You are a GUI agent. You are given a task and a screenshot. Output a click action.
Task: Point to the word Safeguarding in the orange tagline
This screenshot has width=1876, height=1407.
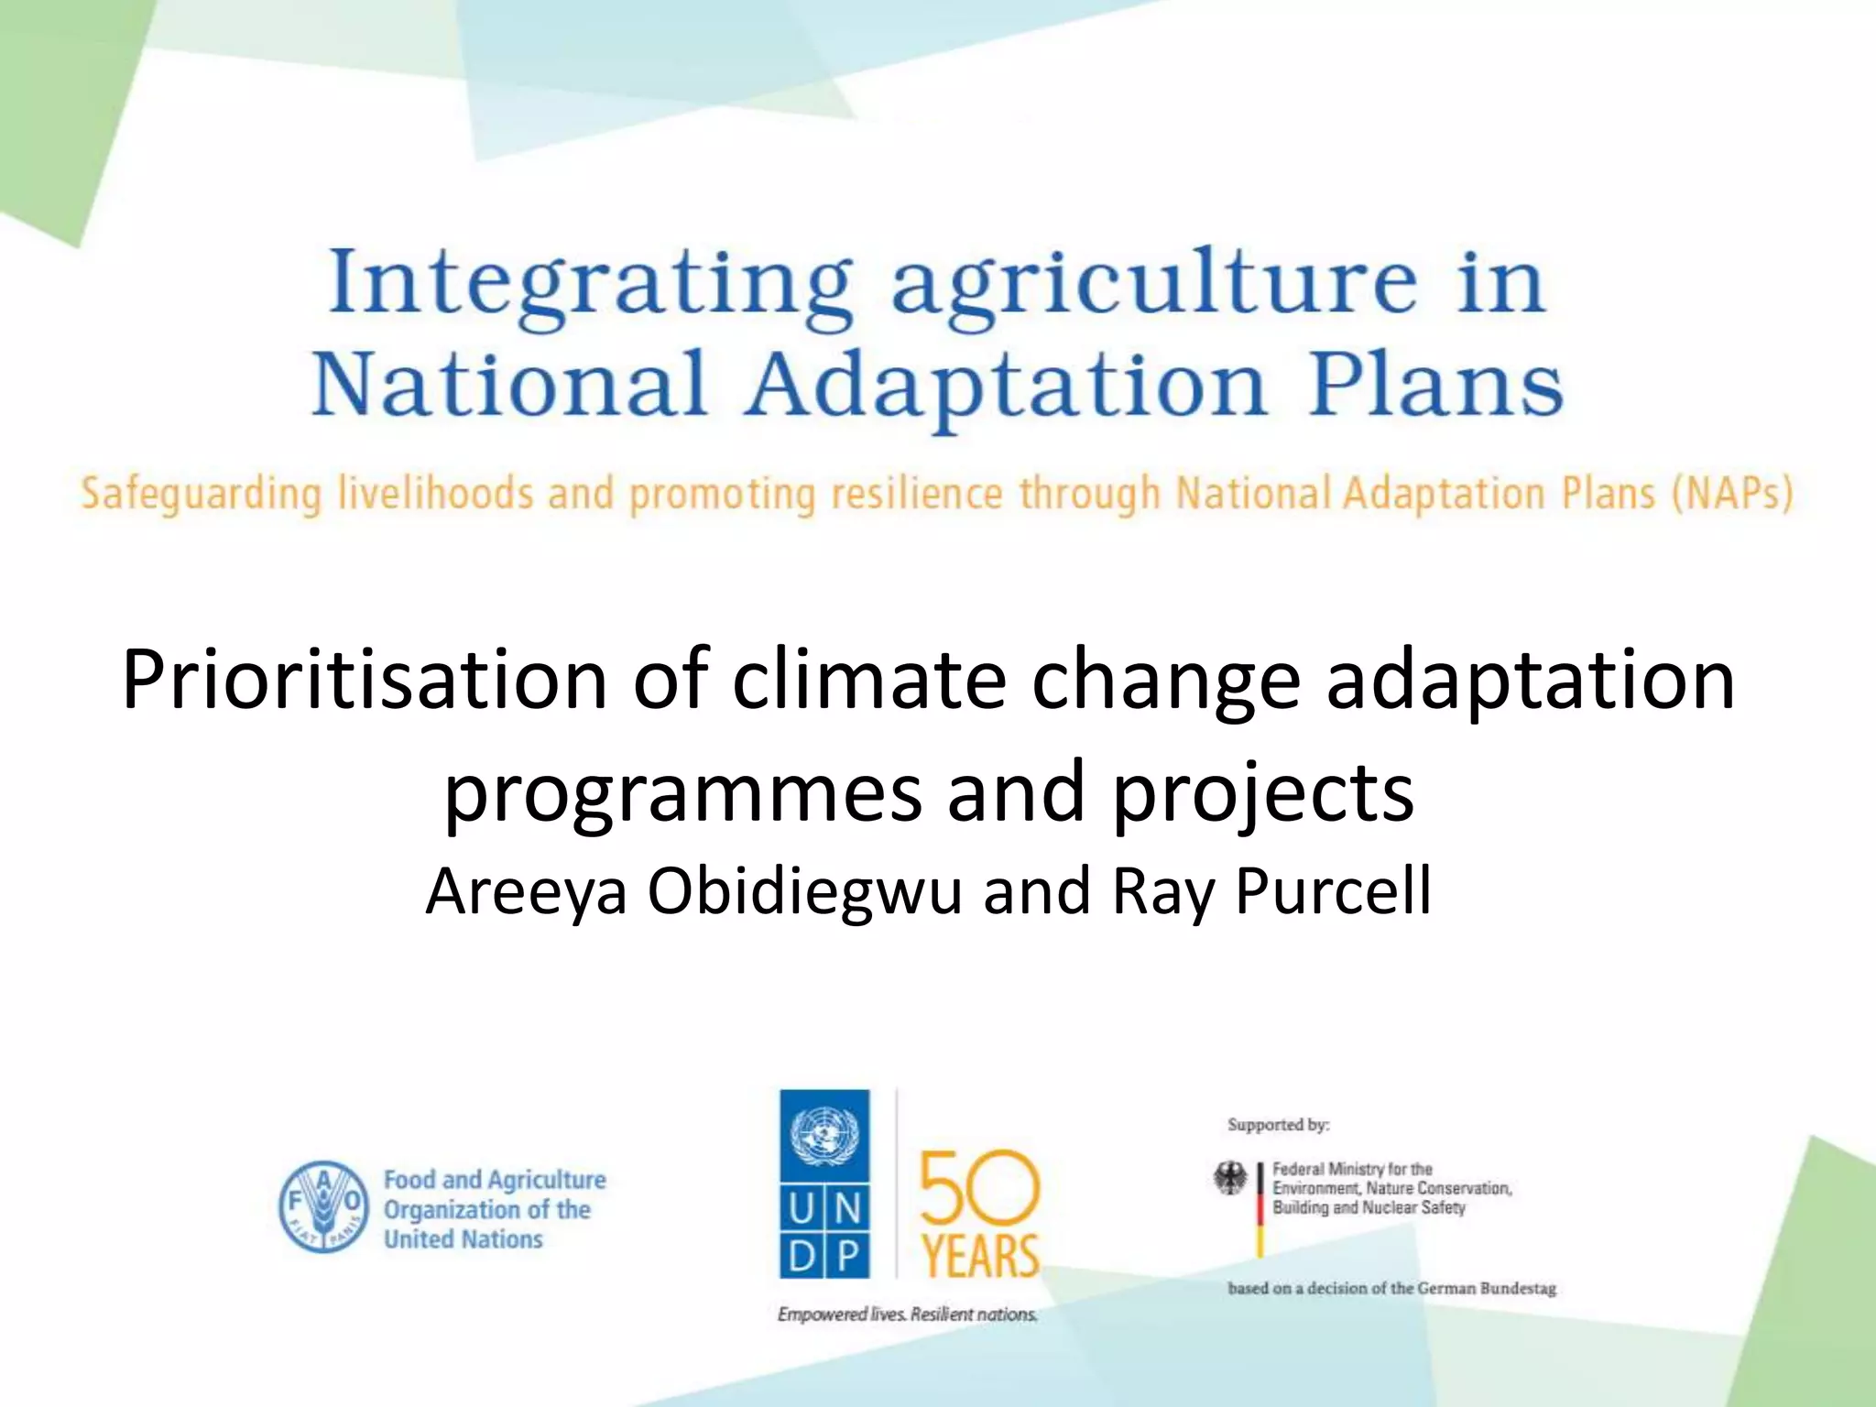[x=202, y=495]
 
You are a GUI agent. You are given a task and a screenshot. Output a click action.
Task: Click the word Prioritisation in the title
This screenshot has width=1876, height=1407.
[x=365, y=682]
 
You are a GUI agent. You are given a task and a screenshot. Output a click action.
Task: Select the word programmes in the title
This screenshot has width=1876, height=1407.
[x=682, y=793]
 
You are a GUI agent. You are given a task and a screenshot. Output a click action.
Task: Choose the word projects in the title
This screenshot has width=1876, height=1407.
[x=1263, y=793]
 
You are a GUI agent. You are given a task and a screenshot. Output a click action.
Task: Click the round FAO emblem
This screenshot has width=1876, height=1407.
[x=323, y=1207]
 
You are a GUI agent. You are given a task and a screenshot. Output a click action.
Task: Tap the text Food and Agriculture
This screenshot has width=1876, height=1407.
[x=495, y=1180]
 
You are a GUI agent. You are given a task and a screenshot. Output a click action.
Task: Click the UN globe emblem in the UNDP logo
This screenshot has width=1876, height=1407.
[x=824, y=1134]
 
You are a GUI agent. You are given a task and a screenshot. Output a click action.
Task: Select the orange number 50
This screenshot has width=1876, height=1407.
[x=979, y=1188]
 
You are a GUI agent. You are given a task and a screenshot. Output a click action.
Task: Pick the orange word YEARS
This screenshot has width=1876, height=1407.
[x=980, y=1256]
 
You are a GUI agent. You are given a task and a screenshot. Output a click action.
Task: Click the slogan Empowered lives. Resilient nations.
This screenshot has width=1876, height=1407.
[x=907, y=1314]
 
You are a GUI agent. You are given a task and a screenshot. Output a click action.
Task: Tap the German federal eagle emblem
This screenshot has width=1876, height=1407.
[x=1230, y=1179]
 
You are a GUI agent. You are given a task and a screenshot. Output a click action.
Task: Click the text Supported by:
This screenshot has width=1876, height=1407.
[x=1279, y=1125]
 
